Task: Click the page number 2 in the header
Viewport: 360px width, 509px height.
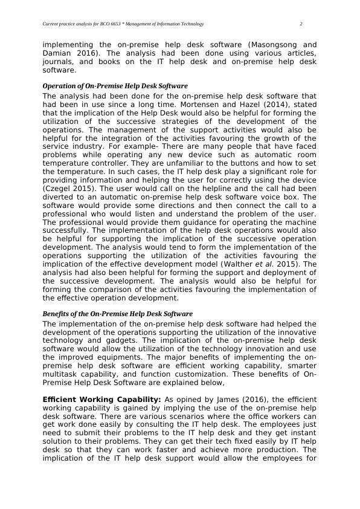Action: (301, 24)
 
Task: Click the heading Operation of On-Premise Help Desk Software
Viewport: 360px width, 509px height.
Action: (115, 86)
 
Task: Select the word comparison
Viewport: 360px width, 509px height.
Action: (99, 290)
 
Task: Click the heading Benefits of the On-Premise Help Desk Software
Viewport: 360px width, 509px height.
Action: (117, 314)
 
